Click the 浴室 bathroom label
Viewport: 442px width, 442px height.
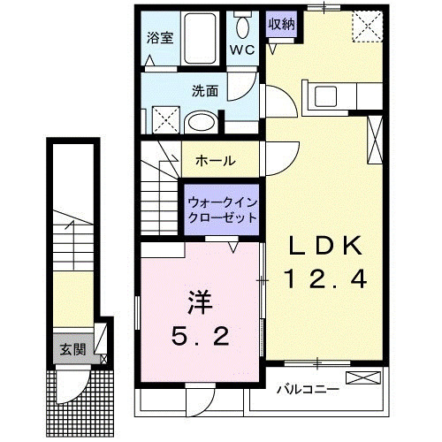point(161,39)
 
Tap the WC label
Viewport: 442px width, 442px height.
point(242,50)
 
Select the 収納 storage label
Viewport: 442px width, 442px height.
point(282,24)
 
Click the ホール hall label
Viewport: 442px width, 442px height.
point(215,161)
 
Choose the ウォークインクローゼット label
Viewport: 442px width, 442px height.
point(222,210)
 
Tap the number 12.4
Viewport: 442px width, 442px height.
point(324,280)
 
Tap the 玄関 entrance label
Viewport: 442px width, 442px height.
point(73,348)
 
